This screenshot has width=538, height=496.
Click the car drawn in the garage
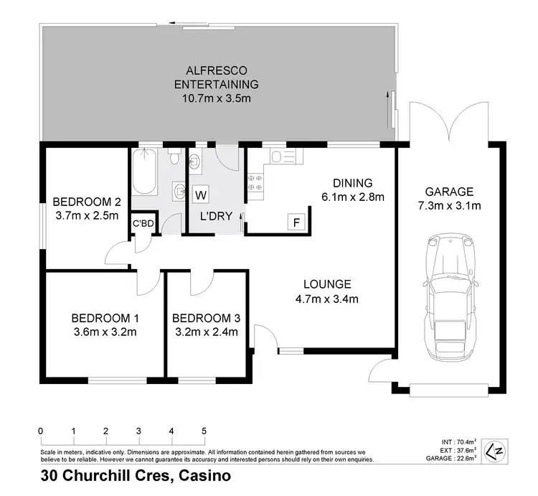pyautogui.click(x=450, y=297)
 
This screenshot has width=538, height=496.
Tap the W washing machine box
pyautogui.click(x=201, y=195)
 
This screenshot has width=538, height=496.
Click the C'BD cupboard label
pyautogui.click(x=142, y=224)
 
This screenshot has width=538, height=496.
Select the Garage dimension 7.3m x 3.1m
pyautogui.click(x=449, y=206)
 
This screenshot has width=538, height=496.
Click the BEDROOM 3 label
pyautogui.click(x=207, y=318)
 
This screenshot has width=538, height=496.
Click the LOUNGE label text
pyautogui.click(x=326, y=284)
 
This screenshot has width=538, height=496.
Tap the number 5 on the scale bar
pyautogui.click(x=204, y=431)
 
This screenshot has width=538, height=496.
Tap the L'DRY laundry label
pyautogui.click(x=216, y=215)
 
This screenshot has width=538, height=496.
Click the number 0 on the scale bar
pyautogui.click(x=41, y=431)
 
